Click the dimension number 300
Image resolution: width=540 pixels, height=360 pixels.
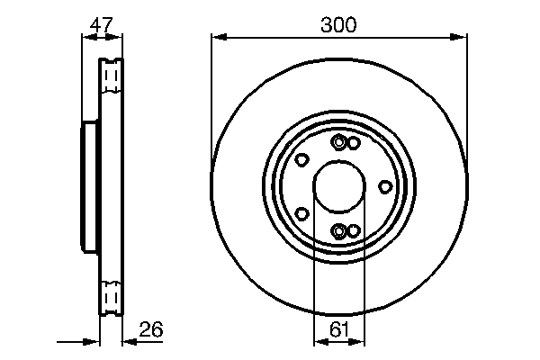click(338, 25)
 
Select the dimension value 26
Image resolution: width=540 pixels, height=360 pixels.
click(152, 330)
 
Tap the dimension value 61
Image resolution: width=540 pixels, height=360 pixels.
click(338, 330)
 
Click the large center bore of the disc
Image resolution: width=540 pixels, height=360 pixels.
click(339, 187)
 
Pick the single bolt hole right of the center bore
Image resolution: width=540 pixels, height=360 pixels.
click(385, 186)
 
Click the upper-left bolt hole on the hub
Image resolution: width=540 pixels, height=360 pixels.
click(302, 160)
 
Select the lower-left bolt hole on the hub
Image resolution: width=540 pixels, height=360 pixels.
click(302, 214)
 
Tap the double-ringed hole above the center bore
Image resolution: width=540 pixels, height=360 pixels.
click(339, 143)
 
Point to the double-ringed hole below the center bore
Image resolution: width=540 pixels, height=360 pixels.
click(339, 231)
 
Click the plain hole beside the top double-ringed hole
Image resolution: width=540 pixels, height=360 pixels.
click(354, 144)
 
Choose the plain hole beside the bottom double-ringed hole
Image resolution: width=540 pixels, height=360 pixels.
click(354, 230)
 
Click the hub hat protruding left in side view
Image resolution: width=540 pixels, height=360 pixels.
click(89, 187)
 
